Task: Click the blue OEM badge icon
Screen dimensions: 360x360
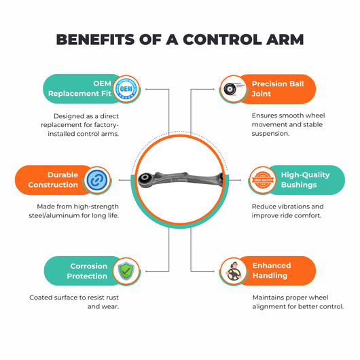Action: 126,89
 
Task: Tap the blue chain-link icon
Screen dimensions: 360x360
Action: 97,180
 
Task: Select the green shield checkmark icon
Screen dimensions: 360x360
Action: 126,271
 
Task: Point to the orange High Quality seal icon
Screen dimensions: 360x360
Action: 263,180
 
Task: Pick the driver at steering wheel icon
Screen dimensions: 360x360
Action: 234,272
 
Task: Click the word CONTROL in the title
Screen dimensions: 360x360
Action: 222,39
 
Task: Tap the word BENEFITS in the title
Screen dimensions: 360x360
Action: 95,39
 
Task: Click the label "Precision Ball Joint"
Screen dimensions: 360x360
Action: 278,89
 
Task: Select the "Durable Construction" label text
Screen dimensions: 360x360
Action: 53,180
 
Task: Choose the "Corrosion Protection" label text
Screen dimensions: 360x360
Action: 87,271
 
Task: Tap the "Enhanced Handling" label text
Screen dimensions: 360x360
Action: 272,270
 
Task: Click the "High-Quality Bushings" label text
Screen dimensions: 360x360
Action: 306,180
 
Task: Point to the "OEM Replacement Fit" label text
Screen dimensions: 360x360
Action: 79,88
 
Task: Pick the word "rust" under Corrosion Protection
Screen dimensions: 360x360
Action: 112,298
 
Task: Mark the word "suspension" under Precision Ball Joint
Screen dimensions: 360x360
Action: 270,134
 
